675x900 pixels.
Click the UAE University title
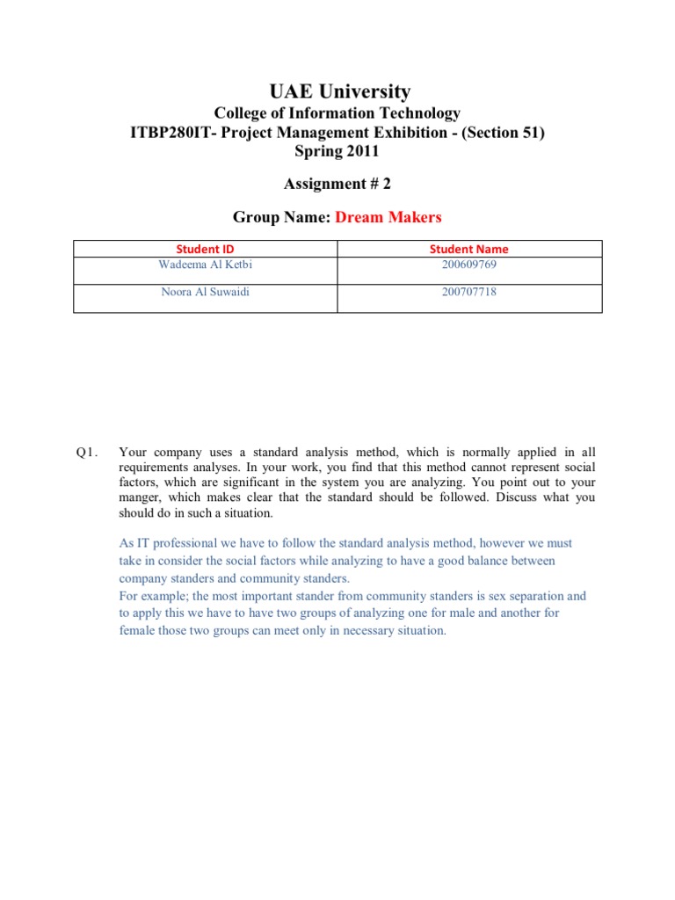click(337, 91)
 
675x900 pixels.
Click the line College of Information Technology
click(337, 113)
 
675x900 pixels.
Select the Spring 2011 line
click(337, 150)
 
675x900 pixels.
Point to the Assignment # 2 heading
click(337, 183)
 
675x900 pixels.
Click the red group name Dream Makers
click(388, 217)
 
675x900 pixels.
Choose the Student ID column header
click(205, 249)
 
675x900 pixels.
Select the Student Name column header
click(468, 249)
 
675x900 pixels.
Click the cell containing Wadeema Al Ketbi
click(205, 265)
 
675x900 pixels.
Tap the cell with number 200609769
click(468, 265)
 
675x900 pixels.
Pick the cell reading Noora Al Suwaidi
click(205, 292)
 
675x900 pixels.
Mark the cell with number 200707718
click(468, 292)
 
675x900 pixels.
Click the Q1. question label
click(85, 452)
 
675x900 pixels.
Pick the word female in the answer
click(137, 631)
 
